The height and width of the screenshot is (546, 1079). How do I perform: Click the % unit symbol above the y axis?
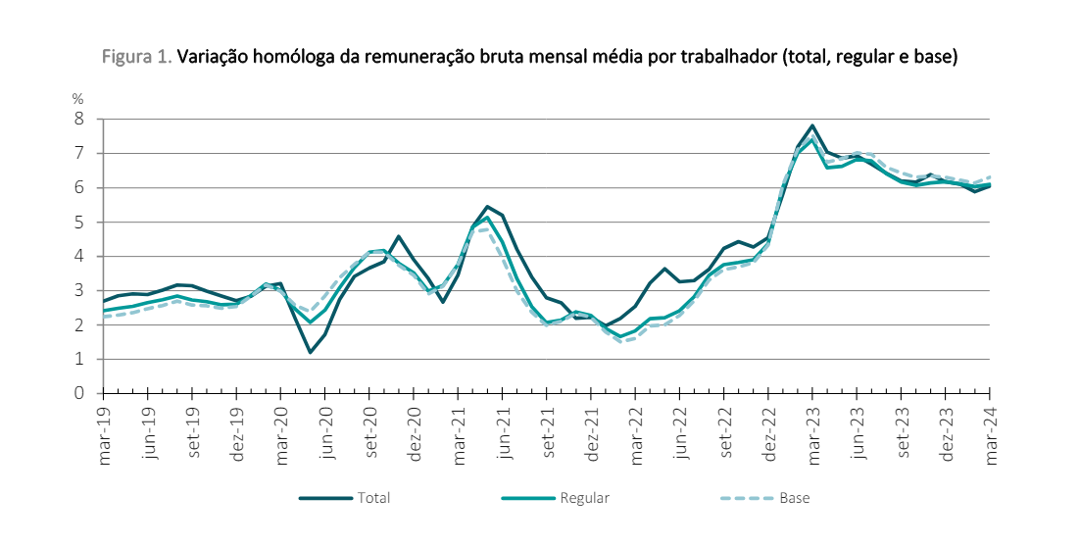tap(77, 98)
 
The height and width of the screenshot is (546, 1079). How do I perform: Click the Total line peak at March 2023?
tap(812, 125)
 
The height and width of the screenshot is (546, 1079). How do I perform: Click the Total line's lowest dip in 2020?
tap(310, 352)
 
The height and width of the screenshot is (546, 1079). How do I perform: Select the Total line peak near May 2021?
tap(487, 207)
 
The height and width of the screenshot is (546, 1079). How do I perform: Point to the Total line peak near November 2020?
tap(398, 236)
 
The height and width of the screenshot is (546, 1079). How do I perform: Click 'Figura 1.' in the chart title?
tap(137, 58)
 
